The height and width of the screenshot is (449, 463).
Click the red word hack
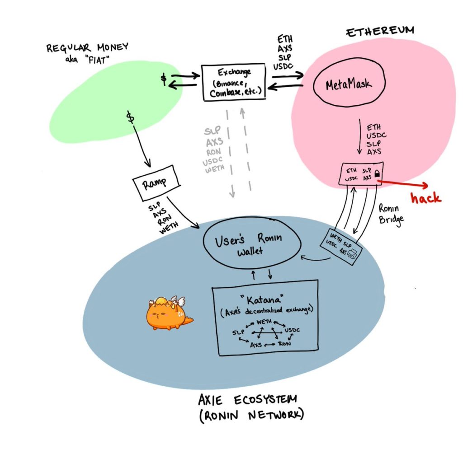tap(426, 197)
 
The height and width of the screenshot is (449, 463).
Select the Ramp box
tap(156, 183)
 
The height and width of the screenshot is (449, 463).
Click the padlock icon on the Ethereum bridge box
tap(377, 173)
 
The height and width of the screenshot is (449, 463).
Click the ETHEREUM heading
tap(380, 31)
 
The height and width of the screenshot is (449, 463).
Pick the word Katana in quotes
tap(263, 300)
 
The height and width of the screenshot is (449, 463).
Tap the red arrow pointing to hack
tap(403, 183)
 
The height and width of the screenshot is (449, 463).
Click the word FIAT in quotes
tap(97, 60)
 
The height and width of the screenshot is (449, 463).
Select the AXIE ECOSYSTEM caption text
tap(248, 400)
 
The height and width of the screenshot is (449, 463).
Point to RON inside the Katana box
tap(284, 343)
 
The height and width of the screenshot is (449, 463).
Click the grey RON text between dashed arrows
tap(213, 152)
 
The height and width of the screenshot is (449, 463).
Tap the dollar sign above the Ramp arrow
tap(130, 117)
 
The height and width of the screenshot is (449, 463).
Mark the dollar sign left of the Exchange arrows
tap(164, 79)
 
